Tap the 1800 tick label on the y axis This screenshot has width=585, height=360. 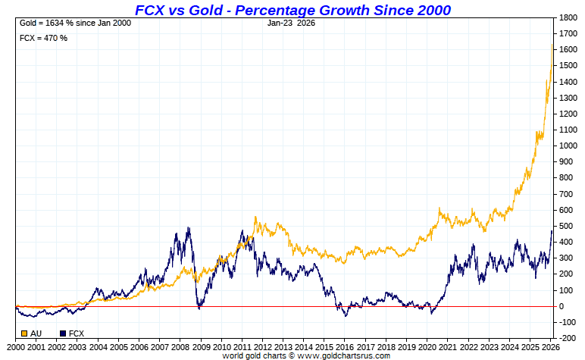(569, 17)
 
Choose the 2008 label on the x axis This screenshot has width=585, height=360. (180, 346)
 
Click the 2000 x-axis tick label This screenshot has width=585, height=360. (16, 346)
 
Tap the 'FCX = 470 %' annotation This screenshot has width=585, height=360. (43, 38)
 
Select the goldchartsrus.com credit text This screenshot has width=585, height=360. (306, 355)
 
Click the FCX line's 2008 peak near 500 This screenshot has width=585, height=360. (188, 227)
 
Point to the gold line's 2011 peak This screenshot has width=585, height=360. (255, 218)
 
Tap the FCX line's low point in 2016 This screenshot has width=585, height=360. (345, 315)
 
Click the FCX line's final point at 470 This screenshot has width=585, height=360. (552, 230)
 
